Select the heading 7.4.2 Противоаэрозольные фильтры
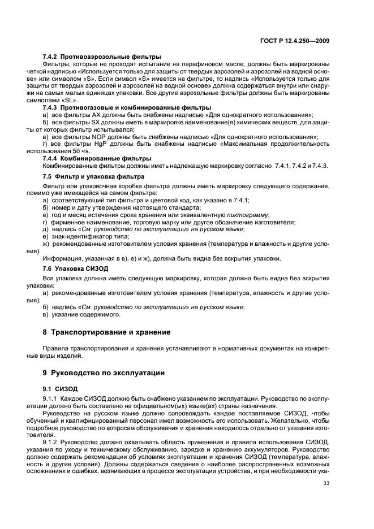pyautogui.click(x=102, y=57)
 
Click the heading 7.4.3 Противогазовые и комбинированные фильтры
pyautogui.click(x=127, y=107)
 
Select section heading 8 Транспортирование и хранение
pyautogui.click(x=107, y=332)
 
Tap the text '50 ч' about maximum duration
pyautogui.click(x=83, y=151)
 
